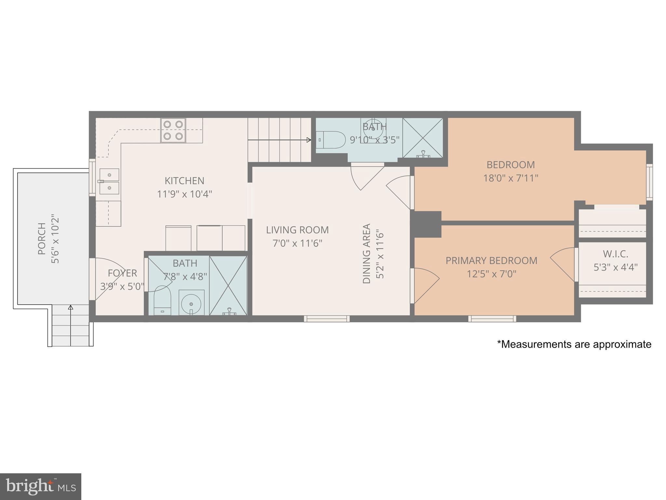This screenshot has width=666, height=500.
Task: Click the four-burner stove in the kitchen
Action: coord(173,130)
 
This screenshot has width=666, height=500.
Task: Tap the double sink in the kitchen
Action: coord(109,181)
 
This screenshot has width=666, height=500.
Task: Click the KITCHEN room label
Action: coord(184,181)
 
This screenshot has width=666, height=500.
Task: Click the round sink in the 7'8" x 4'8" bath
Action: coord(191,303)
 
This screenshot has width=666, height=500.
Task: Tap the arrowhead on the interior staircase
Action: coord(309,140)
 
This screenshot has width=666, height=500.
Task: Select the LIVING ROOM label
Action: coord(297,230)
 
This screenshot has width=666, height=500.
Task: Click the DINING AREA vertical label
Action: coord(366,253)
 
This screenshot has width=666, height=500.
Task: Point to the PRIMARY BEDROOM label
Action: coord(491,260)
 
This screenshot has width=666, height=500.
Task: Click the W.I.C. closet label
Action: coord(615,254)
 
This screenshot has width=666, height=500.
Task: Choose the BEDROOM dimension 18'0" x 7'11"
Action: coord(511,178)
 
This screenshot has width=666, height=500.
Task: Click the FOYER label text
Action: coord(122,273)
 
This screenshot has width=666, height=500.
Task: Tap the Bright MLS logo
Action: coord(40,486)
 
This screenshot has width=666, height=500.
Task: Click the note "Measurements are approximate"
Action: coord(574,344)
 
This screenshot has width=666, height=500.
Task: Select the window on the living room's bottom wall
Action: coord(327,319)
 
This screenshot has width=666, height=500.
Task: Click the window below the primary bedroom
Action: coord(492,319)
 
